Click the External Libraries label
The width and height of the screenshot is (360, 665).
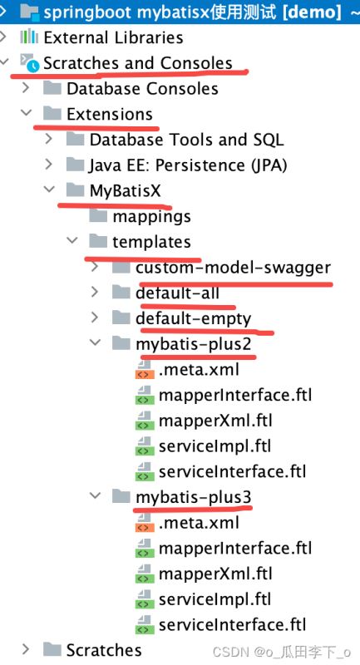(113, 37)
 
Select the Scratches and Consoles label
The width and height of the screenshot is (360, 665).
(138, 63)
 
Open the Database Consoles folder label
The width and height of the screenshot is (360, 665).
(142, 89)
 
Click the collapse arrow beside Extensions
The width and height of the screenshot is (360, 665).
(27, 113)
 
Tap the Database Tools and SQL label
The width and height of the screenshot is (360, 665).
(186, 140)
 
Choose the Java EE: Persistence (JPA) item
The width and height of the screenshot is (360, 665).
(188, 165)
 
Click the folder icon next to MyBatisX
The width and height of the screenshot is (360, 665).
(76, 190)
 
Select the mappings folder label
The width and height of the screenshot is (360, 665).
(151, 217)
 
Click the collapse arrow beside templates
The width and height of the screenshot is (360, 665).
(72, 241)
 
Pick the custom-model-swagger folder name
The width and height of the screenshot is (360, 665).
(234, 268)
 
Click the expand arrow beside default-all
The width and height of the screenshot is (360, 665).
(95, 293)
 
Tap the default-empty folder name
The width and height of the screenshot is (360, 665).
(194, 318)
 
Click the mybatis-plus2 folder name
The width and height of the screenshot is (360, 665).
(194, 344)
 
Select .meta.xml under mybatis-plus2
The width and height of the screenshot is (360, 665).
(200, 369)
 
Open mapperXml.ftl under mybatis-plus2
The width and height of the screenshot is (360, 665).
(215, 421)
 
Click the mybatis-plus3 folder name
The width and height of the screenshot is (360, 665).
(194, 496)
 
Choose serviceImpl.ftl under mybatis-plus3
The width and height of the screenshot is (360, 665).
(215, 599)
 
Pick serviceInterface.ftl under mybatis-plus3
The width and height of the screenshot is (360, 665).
(232, 625)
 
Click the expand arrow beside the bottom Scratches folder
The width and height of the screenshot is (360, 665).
(27, 649)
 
